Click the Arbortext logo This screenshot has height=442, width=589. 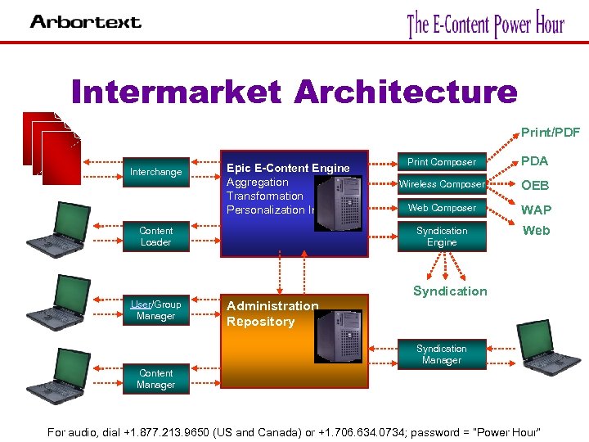pos(86,22)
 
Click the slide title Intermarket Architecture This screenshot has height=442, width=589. pos(294,92)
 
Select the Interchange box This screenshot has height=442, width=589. pos(155,172)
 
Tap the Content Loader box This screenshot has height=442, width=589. pos(155,237)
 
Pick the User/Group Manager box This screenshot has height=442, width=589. pos(155,310)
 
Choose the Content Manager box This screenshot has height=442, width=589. pos(155,379)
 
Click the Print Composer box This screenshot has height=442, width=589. pos(441,162)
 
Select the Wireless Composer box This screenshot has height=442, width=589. pos(441,184)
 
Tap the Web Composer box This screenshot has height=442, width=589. pos(441,208)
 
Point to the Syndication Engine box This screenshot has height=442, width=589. pos(441,237)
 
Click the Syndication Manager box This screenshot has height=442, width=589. pos(441,354)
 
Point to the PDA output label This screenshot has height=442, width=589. pos(535,161)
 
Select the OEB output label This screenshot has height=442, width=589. pos(535,186)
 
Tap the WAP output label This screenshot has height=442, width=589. pos(536,210)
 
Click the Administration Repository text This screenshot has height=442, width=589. pos(272,313)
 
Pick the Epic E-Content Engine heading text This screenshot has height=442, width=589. pos(288,168)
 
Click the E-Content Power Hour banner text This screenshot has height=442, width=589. pos(486,24)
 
